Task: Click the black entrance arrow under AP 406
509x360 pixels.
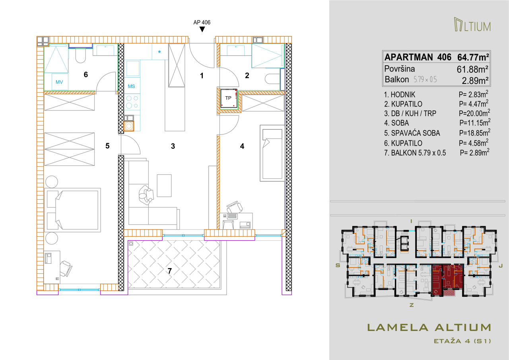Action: [202, 29]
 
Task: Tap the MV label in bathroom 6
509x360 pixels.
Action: [59, 82]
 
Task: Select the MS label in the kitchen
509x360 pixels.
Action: [131, 86]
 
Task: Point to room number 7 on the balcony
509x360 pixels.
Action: [170, 270]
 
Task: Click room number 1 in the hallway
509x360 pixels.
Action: [202, 76]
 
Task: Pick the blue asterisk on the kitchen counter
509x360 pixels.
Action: [159, 52]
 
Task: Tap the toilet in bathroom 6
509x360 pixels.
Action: [80, 55]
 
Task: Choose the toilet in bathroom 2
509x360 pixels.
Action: [272, 79]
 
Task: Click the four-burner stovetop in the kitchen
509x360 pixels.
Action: [132, 102]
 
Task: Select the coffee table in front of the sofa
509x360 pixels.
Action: [164, 185]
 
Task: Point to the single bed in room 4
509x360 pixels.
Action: [272, 153]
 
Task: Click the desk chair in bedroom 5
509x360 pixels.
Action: [66, 269]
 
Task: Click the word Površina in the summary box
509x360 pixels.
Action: [400, 69]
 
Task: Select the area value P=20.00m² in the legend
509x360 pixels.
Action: [474, 113]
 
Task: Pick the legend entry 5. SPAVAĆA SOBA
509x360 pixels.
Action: [412, 133]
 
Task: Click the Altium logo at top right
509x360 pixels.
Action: [472, 25]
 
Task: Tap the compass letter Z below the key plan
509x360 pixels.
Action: [412, 305]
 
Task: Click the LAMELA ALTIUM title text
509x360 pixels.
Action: [429, 327]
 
